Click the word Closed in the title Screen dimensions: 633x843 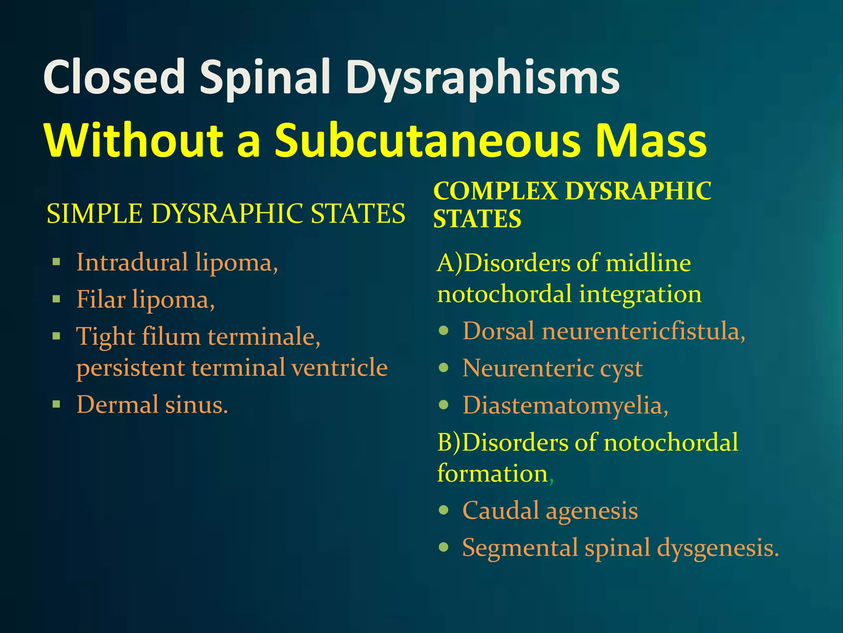tap(114, 77)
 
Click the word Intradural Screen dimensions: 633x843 tap(132, 262)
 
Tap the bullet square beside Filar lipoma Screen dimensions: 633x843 tap(57, 299)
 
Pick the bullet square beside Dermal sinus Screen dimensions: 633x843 tap(57, 404)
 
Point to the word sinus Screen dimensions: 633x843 tap(196, 404)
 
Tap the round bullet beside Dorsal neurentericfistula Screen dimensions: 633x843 tap(443, 331)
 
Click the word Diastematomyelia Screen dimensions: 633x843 tap(563, 405)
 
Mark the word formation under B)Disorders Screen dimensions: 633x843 tap(492, 473)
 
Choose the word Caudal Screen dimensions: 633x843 tap(501, 510)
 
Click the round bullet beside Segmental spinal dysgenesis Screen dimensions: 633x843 tap(443, 547)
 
